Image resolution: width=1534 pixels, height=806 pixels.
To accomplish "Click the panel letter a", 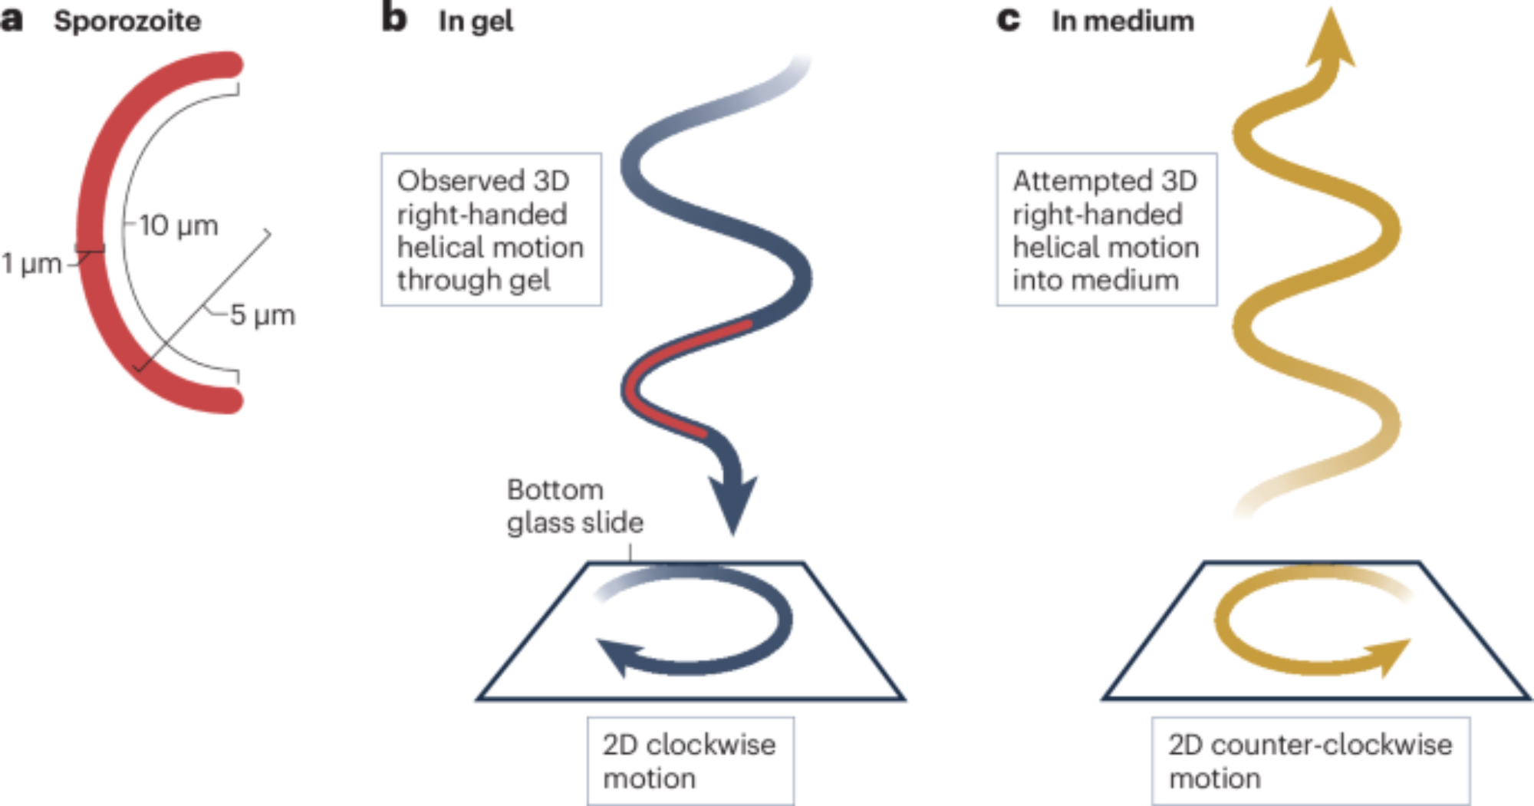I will tap(12, 20).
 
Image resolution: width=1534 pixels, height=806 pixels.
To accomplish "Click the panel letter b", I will tap(393, 18).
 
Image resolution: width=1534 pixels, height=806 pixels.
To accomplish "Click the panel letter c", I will tap(1008, 20).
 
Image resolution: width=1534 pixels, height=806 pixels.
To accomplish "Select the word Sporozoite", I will tap(127, 21).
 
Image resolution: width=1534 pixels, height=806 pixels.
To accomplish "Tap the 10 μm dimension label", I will tap(179, 225).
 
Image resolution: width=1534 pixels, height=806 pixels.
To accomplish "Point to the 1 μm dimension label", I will tap(31, 264).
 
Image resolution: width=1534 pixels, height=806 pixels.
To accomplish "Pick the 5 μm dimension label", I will tap(262, 315).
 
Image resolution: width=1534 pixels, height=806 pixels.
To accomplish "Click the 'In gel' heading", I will tap(476, 21).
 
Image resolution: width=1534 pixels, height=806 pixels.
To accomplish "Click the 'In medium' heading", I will tap(1123, 21).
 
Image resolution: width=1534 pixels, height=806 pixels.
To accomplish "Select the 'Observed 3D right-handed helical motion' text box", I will tap(491, 229).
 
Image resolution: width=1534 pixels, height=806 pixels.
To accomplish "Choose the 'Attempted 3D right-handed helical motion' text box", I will tap(1106, 229).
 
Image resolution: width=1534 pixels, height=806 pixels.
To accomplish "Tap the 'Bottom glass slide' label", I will tap(574, 506).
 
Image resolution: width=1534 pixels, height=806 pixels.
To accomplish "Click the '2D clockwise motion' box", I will tap(690, 761).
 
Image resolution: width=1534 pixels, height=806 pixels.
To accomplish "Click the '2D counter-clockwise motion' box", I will tap(1310, 761).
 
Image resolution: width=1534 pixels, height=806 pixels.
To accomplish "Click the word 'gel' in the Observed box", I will tap(528, 281).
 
